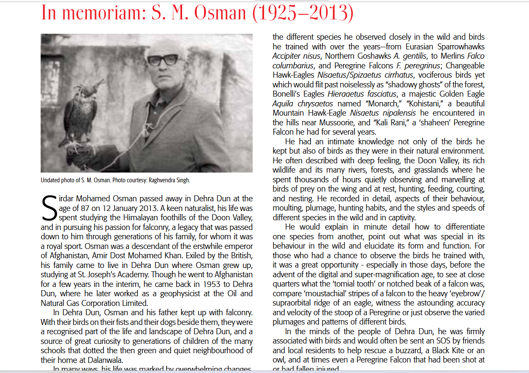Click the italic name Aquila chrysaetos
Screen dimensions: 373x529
[x=303, y=103]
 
